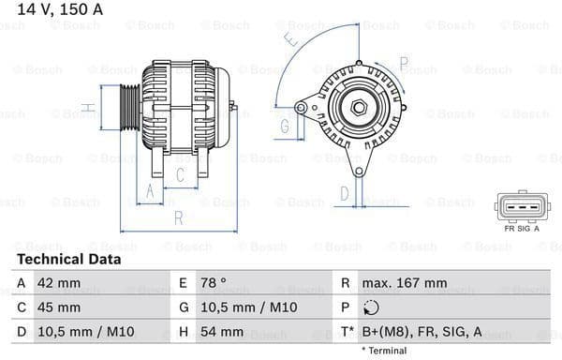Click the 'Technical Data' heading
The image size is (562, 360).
pyautogui.click(x=68, y=259)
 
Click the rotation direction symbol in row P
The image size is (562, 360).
pyautogui.click(x=373, y=307)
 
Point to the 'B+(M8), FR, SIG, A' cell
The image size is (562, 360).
pyautogui.click(x=422, y=331)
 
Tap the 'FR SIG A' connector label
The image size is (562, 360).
pyautogui.click(x=522, y=228)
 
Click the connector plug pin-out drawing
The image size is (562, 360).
pyautogui.click(x=521, y=206)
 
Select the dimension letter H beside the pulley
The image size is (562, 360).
pyautogui.click(x=87, y=109)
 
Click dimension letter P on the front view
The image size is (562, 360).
pyautogui.click(x=403, y=63)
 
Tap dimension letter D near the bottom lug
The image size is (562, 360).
pyautogui.click(x=345, y=193)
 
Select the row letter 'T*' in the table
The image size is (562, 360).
pyautogui.click(x=347, y=331)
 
